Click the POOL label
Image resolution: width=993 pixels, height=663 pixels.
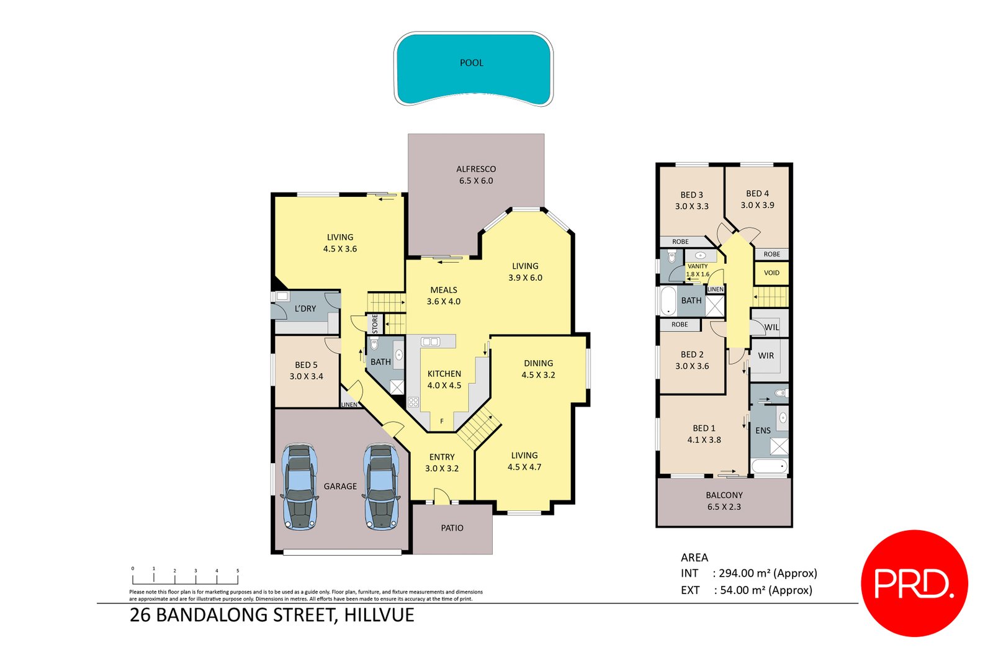(x=471, y=63)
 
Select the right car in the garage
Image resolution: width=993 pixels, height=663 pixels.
(x=381, y=487)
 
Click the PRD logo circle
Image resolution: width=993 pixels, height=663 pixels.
(x=914, y=583)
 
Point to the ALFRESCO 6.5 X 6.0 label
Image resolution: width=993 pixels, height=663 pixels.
(x=476, y=174)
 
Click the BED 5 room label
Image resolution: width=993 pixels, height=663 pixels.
(x=306, y=371)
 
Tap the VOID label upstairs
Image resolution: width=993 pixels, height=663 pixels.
(x=771, y=273)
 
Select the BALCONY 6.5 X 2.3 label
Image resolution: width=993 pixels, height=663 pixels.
(x=724, y=501)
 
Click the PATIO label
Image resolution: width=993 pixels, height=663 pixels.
(x=452, y=528)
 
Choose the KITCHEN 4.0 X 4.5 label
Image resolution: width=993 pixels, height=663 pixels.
(x=444, y=379)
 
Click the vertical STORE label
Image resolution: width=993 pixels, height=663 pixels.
(x=375, y=323)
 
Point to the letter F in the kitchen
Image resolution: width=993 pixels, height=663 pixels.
(x=442, y=422)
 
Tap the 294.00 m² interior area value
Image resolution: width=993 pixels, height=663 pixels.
(x=767, y=573)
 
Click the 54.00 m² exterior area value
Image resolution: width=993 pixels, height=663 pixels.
(x=765, y=590)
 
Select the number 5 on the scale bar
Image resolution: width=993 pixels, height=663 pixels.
(x=237, y=571)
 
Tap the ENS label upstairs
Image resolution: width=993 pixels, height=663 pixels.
(x=763, y=430)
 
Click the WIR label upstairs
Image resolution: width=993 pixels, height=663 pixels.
(x=766, y=356)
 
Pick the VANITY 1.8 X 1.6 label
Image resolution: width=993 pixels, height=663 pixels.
(x=698, y=270)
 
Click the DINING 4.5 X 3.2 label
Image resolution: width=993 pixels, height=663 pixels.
(x=538, y=369)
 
